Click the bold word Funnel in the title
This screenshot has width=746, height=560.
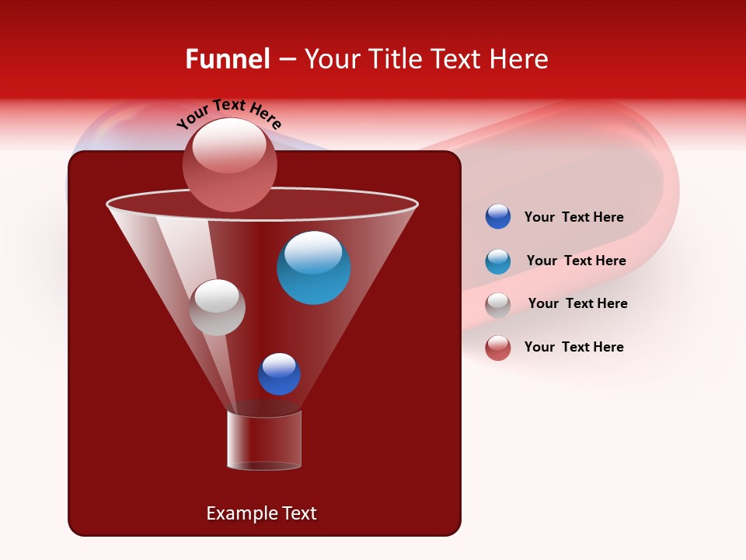point(227,59)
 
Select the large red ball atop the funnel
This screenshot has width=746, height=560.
point(229,165)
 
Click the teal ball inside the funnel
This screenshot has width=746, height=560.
point(313,268)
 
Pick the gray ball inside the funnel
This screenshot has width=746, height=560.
point(217,307)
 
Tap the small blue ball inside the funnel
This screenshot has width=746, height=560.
point(279,374)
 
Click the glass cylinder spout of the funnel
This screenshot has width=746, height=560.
point(264,440)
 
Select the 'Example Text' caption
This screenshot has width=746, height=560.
point(262,513)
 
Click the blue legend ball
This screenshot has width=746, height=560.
point(498,217)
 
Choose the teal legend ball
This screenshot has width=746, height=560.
point(498,261)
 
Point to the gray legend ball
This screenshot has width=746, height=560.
point(498,305)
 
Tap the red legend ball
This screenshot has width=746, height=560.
point(498,348)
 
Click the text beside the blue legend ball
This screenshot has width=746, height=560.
point(573,218)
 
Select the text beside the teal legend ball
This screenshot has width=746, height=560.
point(576,261)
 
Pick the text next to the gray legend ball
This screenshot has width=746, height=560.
point(577,304)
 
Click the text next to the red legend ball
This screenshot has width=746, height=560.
point(573,347)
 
